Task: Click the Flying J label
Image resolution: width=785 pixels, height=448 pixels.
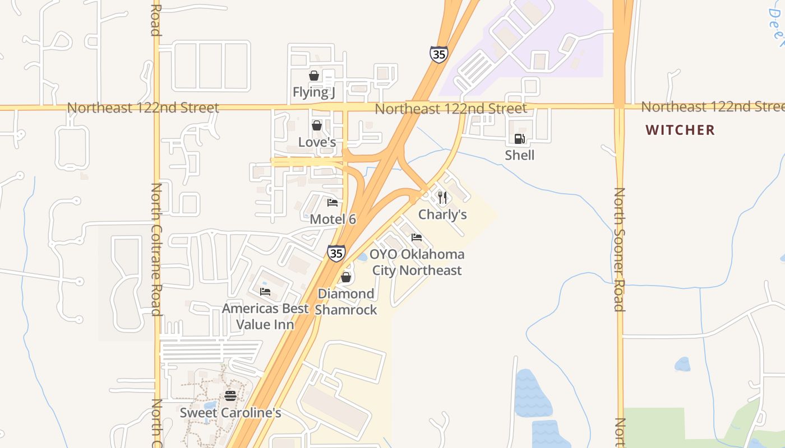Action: pos(313,92)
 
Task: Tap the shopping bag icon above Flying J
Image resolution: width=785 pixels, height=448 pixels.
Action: pos(314,76)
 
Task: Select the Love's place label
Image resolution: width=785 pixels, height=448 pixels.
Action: pos(317,142)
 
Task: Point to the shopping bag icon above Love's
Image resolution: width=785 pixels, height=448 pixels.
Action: pos(317,125)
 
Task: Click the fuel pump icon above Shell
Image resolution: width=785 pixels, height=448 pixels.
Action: pos(520,139)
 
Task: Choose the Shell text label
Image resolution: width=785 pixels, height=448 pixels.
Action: pos(520,155)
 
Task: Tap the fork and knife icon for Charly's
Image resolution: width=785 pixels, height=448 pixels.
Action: pos(442,198)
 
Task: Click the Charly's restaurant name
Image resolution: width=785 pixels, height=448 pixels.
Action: pos(442,214)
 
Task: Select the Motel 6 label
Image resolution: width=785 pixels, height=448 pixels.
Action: pos(333,219)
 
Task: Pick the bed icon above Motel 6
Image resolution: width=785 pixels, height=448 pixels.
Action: pos(333,203)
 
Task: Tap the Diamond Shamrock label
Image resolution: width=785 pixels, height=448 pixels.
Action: pos(346,301)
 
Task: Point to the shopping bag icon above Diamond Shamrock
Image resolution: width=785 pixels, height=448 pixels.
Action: pos(346,277)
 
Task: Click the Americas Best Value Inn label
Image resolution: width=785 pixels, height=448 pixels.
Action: pos(265,316)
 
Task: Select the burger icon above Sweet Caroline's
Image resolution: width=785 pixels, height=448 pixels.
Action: pos(230,396)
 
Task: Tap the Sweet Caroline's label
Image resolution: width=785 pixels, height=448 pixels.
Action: pos(230,413)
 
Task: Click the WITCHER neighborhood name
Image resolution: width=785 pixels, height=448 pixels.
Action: pos(680,130)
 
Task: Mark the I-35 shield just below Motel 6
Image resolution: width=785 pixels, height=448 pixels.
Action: pos(336,253)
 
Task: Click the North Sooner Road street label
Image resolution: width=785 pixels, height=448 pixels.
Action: pos(619,249)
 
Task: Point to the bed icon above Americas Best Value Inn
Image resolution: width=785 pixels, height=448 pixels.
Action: pos(265,292)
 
